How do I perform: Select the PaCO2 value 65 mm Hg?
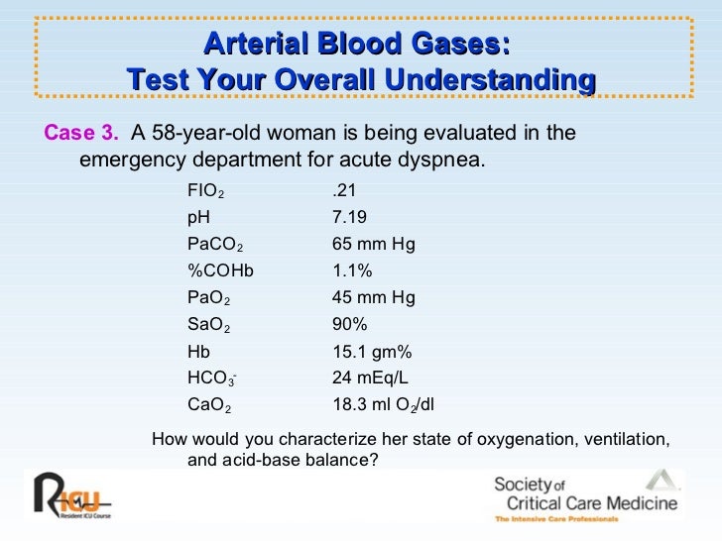tap(374, 243)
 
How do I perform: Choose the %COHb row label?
tap(220, 270)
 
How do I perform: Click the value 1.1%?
tap(351, 270)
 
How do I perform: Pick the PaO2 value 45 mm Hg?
tap(374, 296)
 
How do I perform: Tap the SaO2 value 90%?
tap(349, 323)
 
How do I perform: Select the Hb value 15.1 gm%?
tap(371, 350)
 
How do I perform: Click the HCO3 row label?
tap(211, 378)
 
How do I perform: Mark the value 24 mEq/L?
tap(369, 377)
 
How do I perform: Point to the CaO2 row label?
tap(209, 404)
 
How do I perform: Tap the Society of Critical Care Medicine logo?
tap(585, 495)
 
